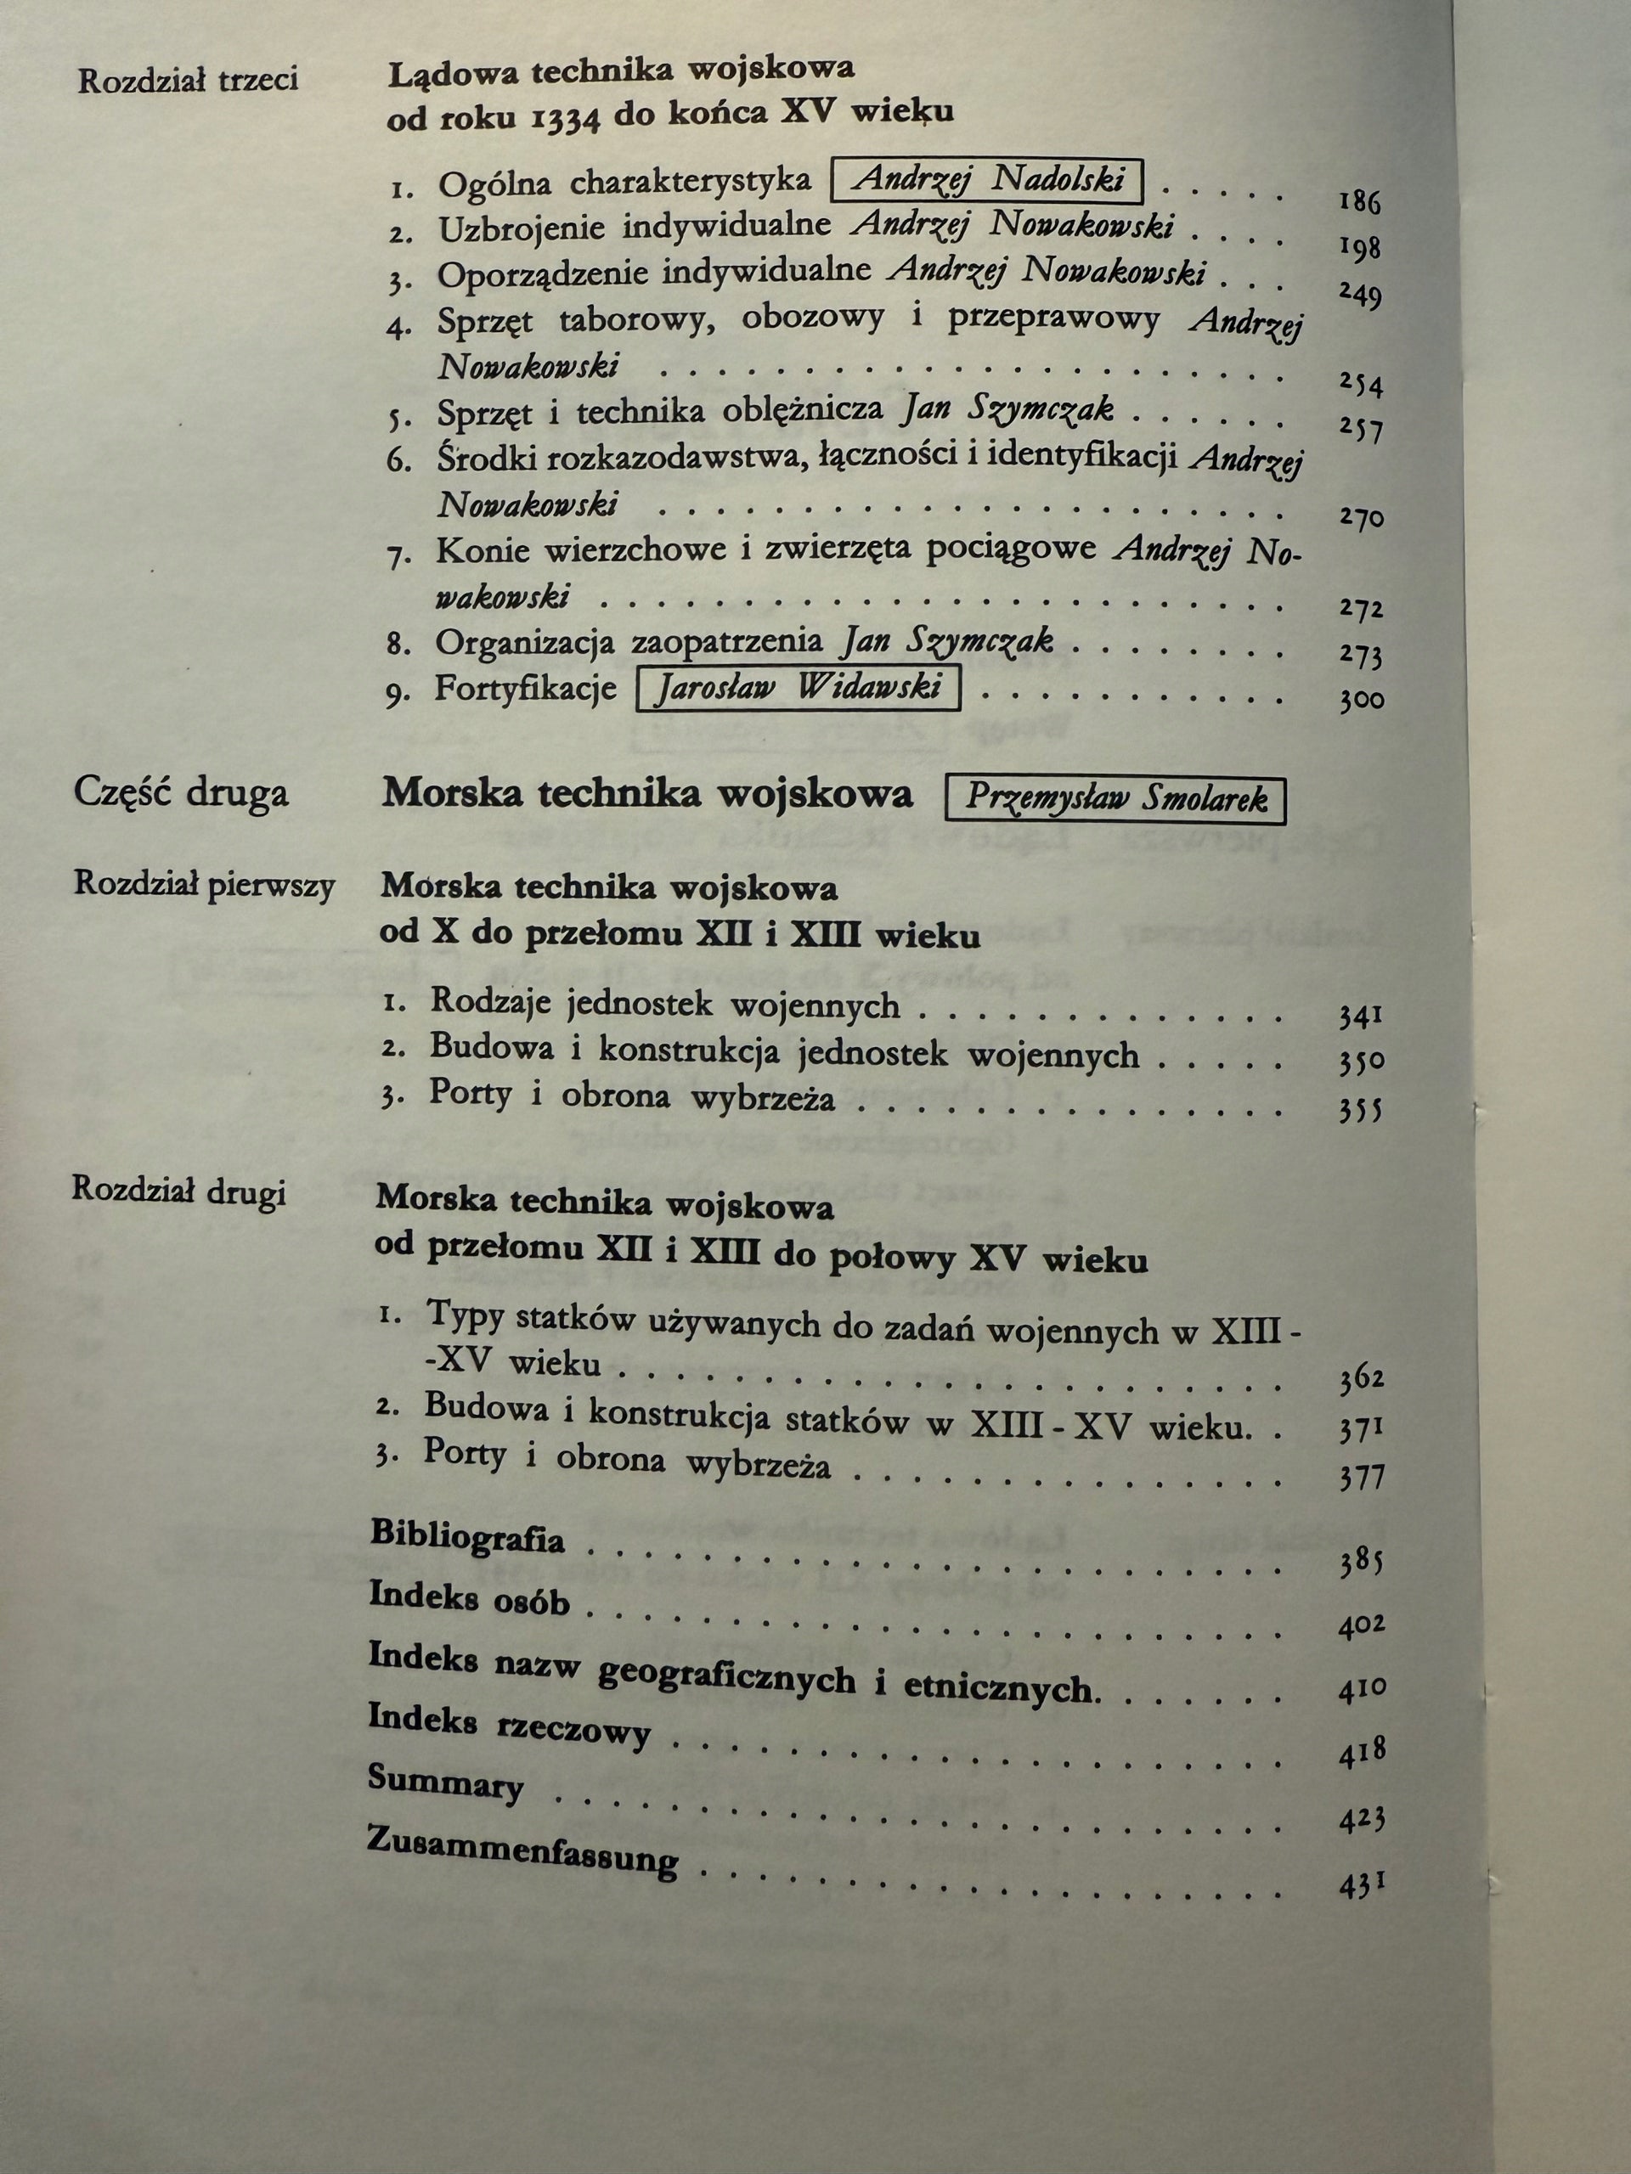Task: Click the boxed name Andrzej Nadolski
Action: tap(988, 181)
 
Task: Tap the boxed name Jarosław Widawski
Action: tap(798, 688)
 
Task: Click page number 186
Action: tap(1360, 202)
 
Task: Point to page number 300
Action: tap(1362, 701)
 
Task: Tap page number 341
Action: tap(1361, 1017)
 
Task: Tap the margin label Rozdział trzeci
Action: tap(188, 81)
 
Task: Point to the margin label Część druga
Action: tap(182, 793)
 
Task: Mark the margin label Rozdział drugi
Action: tap(180, 1191)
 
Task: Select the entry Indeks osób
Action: tap(469, 1599)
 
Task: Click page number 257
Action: tap(1362, 430)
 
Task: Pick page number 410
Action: tap(1362, 1689)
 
